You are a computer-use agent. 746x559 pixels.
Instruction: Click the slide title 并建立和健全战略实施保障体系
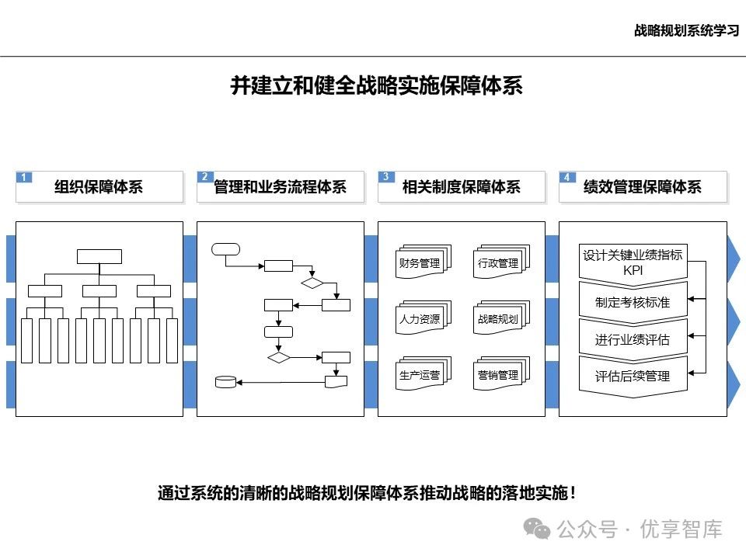[x=376, y=85]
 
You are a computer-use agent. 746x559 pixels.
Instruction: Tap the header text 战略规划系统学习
[x=685, y=30]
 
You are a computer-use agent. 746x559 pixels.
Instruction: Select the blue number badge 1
[x=24, y=177]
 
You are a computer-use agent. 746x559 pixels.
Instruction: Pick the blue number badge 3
[x=385, y=177]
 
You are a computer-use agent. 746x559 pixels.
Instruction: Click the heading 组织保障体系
[x=99, y=187]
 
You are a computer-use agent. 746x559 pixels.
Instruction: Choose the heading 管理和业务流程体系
[x=280, y=187]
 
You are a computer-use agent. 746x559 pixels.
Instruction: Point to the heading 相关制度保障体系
[x=461, y=187]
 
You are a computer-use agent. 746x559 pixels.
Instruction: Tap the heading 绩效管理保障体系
[x=642, y=187]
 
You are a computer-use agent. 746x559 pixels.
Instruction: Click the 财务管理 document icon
[x=420, y=262]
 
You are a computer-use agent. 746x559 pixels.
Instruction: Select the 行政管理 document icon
[x=498, y=262]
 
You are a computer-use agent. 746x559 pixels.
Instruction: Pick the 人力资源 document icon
[x=420, y=318]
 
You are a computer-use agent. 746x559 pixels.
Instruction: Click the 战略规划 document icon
[x=498, y=318]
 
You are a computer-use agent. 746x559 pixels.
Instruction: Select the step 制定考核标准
[x=633, y=302]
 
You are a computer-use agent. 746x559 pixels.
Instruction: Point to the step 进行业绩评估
[x=633, y=339]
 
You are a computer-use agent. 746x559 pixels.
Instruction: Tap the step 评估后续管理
[x=633, y=377]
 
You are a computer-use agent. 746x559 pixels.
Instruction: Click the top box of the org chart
[x=99, y=257]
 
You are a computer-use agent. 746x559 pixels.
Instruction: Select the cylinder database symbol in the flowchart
[x=225, y=381]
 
